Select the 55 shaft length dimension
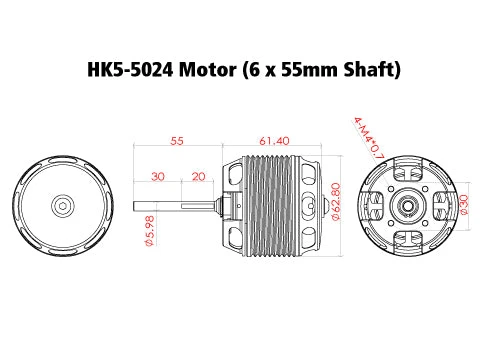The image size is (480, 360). (176, 142)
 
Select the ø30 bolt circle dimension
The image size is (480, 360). (463, 204)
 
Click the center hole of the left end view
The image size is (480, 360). (62, 205)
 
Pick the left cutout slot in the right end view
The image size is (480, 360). (375, 205)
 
